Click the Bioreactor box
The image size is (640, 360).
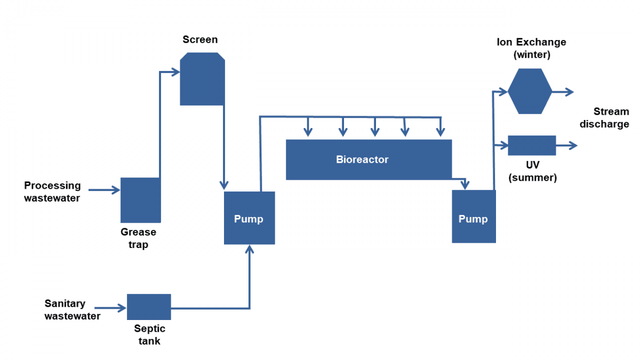click(369, 159)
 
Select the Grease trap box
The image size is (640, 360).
click(140, 200)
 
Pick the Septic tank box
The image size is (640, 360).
click(149, 307)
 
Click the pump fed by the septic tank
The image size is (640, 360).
click(249, 218)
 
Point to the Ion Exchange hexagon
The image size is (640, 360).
click(530, 91)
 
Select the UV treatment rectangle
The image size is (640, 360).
click(532, 145)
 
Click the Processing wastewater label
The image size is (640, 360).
click(52, 192)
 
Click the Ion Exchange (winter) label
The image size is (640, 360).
click(531, 48)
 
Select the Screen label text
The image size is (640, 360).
click(200, 39)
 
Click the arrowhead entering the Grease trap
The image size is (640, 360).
click(116, 190)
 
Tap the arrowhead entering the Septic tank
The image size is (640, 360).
click(123, 308)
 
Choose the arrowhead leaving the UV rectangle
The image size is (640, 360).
click(573, 145)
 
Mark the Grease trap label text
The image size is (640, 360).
click(138, 238)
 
